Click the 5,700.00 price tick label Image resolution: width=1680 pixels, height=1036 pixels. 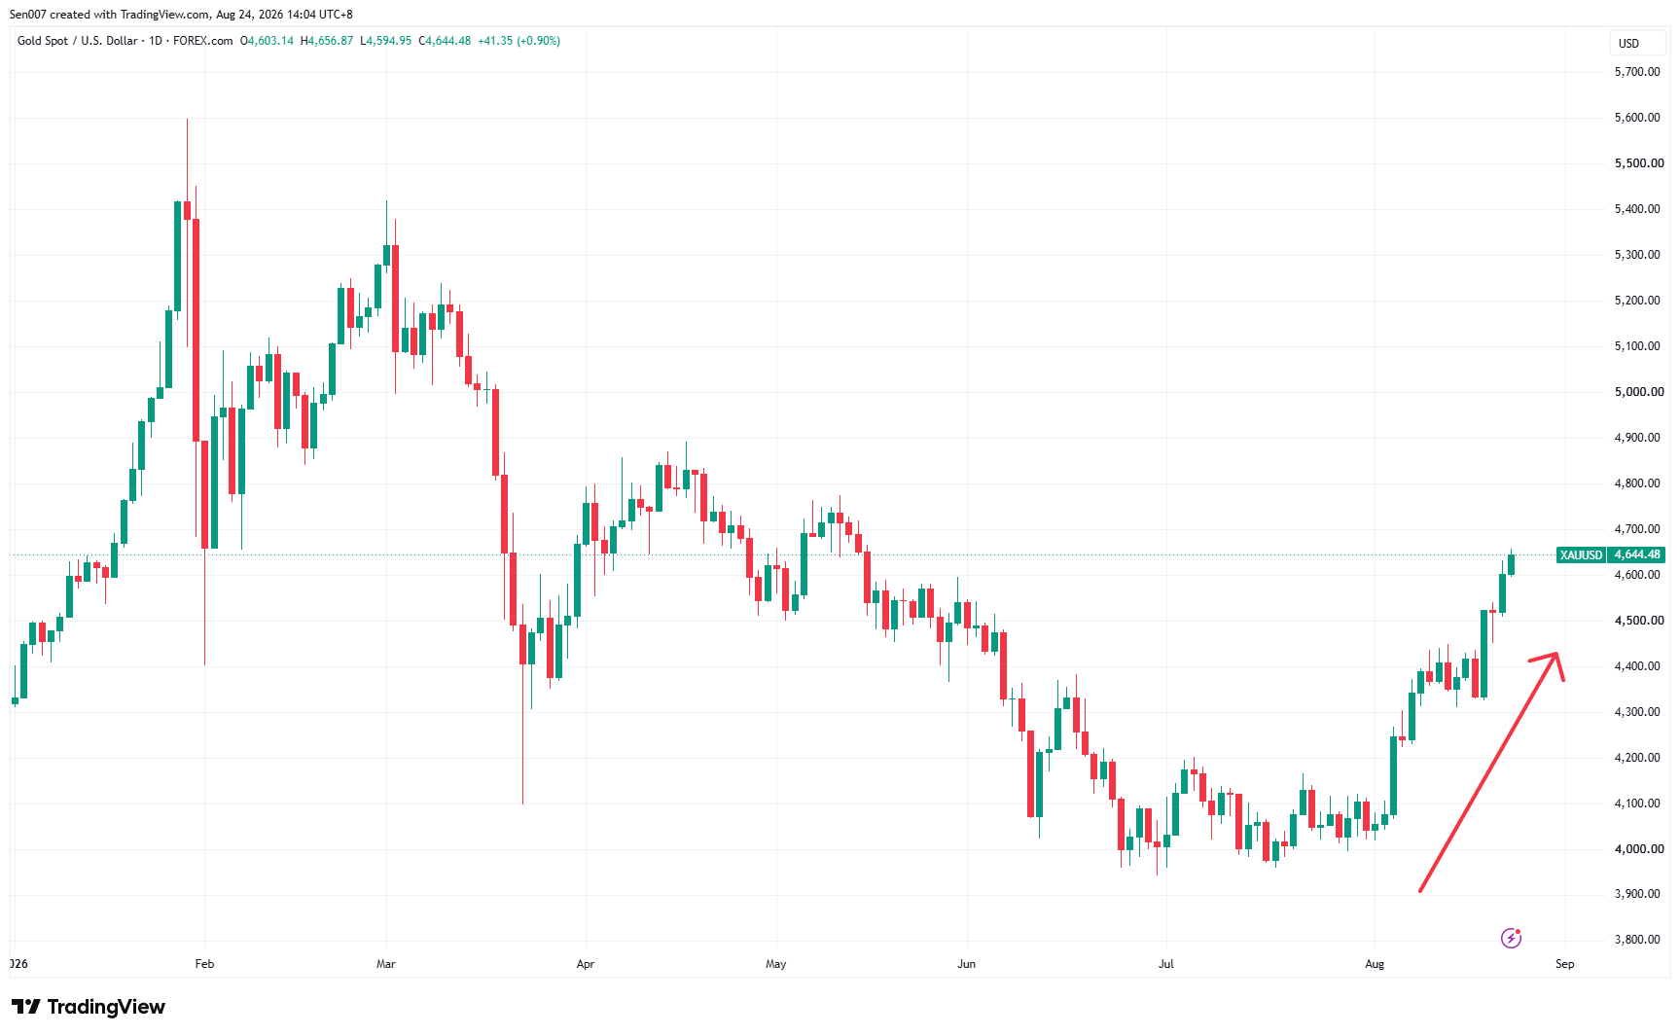tap(1637, 72)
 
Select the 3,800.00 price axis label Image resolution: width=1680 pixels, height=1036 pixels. tap(1637, 940)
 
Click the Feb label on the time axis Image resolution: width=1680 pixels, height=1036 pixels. tap(204, 964)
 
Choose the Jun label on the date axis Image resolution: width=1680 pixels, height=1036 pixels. tap(966, 964)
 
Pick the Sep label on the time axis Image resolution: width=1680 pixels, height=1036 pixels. tap(1564, 964)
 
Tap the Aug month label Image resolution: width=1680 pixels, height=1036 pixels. tap(1375, 964)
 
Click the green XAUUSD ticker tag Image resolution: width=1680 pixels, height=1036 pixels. tap(1581, 555)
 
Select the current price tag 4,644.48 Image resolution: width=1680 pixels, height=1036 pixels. tap(1636, 555)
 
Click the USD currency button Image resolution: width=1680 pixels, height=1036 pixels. tap(1628, 44)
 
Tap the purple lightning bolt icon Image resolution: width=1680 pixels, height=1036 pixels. tap(1511, 938)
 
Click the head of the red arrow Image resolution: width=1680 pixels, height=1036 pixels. tap(1557, 653)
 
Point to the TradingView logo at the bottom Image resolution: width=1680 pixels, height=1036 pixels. tap(89, 1007)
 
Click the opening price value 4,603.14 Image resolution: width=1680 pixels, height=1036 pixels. tap(270, 41)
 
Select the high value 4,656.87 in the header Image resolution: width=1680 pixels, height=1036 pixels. tap(331, 41)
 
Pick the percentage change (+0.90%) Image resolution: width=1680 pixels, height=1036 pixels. tap(538, 41)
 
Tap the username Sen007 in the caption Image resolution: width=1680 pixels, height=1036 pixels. tap(27, 15)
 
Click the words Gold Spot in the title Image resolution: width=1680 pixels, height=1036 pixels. tap(43, 41)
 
